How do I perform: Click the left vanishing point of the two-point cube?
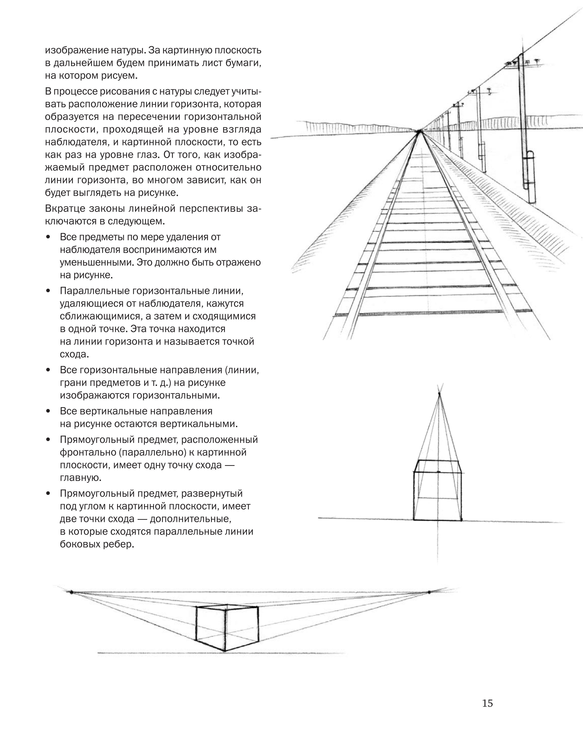pyautogui.click(x=71, y=592)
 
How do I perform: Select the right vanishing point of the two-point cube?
pyautogui.click(x=429, y=592)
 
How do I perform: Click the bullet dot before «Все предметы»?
pyautogui.click(x=48, y=237)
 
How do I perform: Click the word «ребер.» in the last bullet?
pyautogui.click(x=118, y=544)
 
